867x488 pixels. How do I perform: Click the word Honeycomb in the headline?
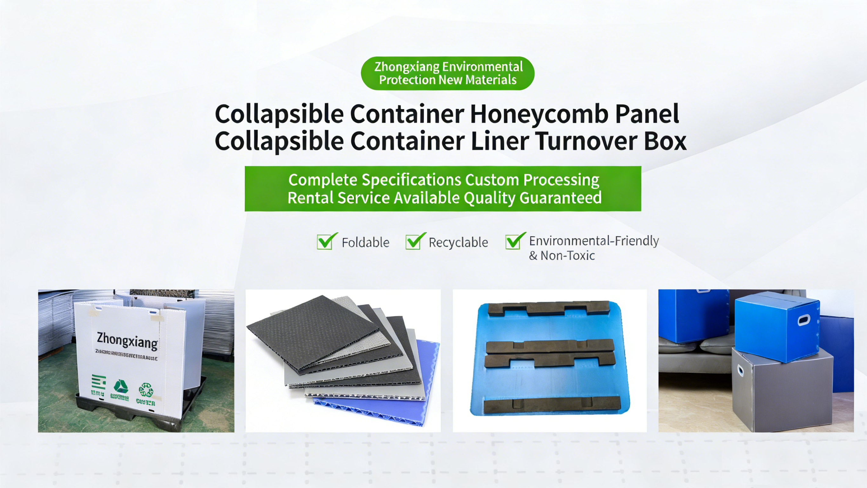pos(539,114)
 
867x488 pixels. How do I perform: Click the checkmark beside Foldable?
pos(326,242)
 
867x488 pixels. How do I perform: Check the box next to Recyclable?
pos(414,242)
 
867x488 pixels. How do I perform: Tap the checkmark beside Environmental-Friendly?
pos(514,241)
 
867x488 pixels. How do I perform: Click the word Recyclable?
pos(458,243)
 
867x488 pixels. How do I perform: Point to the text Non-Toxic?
pos(568,256)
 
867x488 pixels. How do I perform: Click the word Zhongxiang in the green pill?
pos(407,67)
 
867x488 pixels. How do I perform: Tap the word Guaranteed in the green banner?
pos(560,198)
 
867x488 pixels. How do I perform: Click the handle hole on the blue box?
pos(804,320)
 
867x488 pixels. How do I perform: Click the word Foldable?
pos(366,243)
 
